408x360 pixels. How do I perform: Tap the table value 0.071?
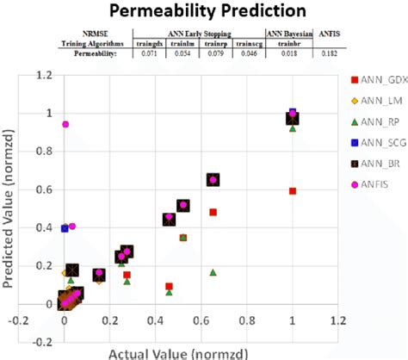coord(151,54)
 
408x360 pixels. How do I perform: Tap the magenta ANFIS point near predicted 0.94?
coord(65,125)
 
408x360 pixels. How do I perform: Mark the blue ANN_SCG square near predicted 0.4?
coord(65,228)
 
